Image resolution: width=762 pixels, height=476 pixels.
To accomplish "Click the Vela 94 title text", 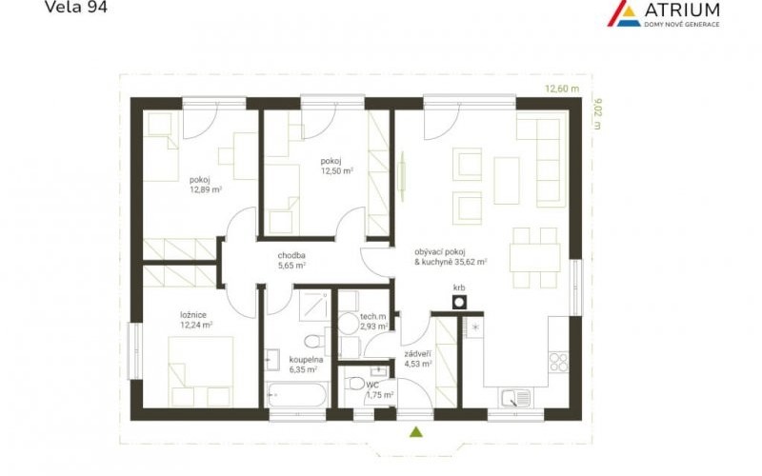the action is pos(76,7).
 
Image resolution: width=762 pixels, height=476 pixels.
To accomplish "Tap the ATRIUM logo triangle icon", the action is pos(624,13).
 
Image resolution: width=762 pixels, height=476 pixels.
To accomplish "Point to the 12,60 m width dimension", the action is pos(562,89).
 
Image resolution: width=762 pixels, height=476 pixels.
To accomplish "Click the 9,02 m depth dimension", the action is pos(597,114).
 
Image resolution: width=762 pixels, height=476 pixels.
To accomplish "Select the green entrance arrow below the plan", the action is pos(415,432).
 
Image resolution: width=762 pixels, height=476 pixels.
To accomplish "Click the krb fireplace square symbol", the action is pos(459,302).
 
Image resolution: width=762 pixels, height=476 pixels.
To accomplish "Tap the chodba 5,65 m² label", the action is pos(291,260).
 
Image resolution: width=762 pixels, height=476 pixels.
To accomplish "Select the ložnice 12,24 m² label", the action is pos(196,320).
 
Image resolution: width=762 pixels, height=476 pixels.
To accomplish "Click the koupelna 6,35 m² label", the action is pos(306,365).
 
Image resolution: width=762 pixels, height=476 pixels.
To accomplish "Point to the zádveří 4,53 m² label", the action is pos(418,359).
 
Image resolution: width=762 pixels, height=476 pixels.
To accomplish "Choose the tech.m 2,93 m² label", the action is pos(373,322).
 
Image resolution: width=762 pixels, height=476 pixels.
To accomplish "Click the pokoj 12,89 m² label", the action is pos(206,185).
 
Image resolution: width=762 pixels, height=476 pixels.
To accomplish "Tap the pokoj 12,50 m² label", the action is pos(337,166).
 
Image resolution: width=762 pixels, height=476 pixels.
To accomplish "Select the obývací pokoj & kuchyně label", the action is pos(451,257).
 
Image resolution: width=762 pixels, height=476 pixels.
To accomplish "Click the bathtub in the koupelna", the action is pos(296,394).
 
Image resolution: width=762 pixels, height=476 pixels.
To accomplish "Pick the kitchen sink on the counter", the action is pos(515,399).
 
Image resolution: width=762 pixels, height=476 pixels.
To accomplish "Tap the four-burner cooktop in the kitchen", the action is pos(558,362).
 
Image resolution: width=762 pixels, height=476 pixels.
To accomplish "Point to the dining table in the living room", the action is pos(535,257).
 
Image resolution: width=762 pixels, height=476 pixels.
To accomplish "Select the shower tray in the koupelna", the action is pos(313,306).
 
